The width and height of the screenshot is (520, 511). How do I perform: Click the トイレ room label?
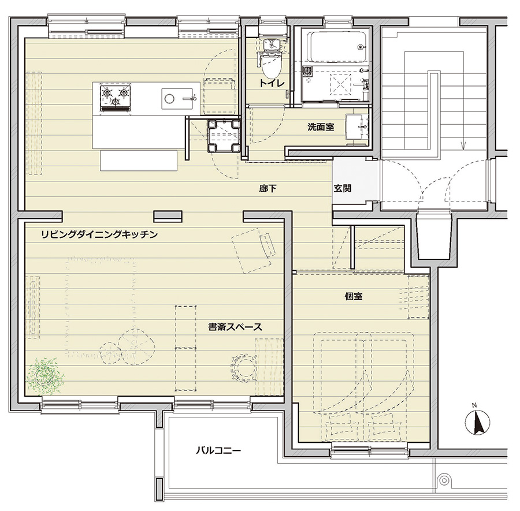tap(272, 83)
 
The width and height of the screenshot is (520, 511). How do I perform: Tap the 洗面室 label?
tap(321, 127)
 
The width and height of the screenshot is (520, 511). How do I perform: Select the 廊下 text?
tap(268, 189)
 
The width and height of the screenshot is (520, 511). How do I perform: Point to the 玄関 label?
tap(342, 189)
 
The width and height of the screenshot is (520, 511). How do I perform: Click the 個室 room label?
tap(354, 296)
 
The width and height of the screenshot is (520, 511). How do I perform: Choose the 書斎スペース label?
tap(235, 327)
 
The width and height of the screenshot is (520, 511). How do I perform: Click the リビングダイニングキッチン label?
tap(99, 234)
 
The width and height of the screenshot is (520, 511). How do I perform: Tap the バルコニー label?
tap(218, 450)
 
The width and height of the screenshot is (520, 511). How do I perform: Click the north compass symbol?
tap(477, 422)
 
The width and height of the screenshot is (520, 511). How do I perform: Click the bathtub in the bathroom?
tap(338, 47)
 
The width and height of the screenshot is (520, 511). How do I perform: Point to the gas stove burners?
tap(115, 97)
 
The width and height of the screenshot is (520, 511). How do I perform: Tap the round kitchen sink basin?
tap(169, 98)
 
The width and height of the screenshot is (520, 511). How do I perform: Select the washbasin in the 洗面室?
tap(357, 127)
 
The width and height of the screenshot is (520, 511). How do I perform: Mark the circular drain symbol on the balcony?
tap(443, 480)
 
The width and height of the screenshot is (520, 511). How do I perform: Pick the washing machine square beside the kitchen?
tap(224, 136)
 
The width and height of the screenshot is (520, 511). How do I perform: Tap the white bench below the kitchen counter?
tap(139, 161)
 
